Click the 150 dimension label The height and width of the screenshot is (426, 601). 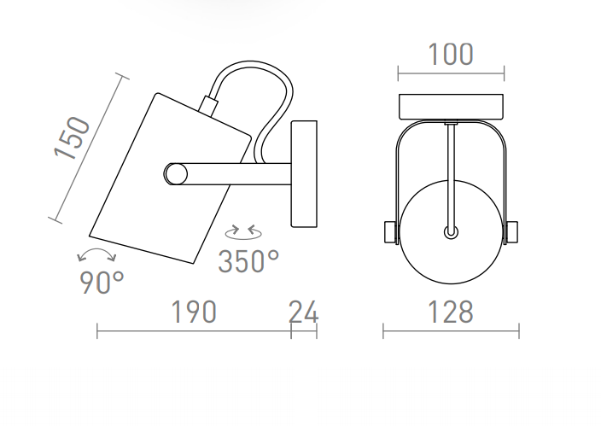[x=72, y=137]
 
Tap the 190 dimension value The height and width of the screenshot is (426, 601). [x=194, y=312]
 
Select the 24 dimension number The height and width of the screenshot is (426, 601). [x=303, y=312]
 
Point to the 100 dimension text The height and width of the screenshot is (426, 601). [x=451, y=55]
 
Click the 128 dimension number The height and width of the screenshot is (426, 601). [x=451, y=312]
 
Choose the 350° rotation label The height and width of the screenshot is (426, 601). [x=248, y=261]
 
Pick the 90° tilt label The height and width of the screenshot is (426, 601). [x=102, y=283]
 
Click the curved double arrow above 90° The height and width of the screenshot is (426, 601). [x=96, y=252]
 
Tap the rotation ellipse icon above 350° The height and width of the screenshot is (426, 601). [x=244, y=232]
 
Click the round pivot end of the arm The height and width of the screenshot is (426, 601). [x=176, y=174]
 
